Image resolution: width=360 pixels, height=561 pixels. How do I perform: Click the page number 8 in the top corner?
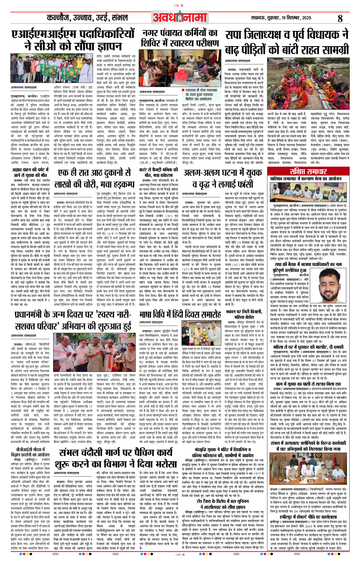[x=340, y=18]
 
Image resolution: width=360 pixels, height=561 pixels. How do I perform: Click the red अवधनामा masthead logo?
[x=180, y=17]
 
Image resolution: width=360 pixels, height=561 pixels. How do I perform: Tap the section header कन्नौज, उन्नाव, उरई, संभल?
[x=88, y=18]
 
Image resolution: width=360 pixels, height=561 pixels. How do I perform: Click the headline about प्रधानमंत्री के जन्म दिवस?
[x=73, y=320]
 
